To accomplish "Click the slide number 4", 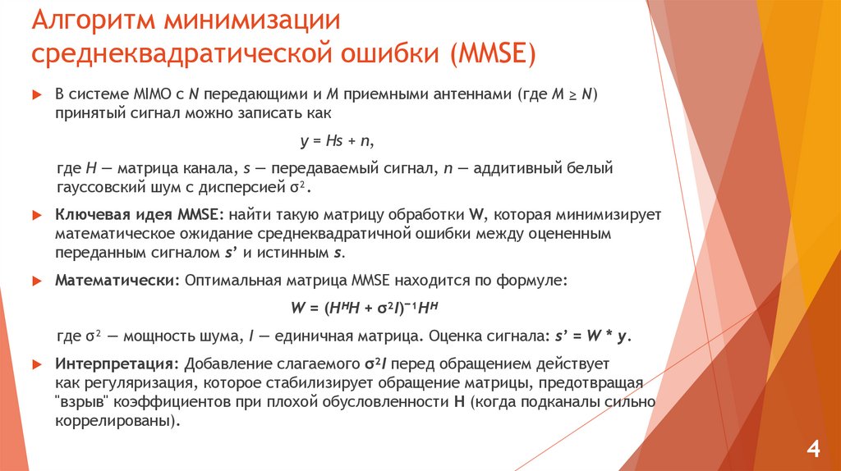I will click(x=813, y=449).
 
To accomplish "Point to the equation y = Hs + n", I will click(x=337, y=140).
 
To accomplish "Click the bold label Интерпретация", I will click(x=117, y=364).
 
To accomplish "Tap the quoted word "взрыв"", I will click(x=80, y=402).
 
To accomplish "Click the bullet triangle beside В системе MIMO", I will click(x=36, y=95).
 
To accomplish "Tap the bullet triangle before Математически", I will click(x=36, y=281).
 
